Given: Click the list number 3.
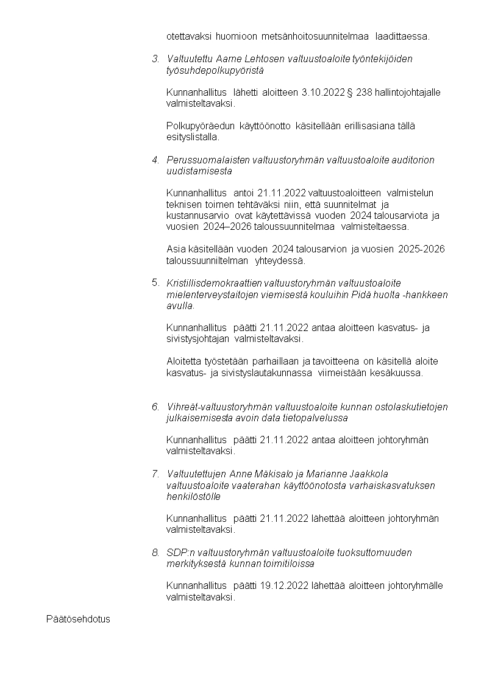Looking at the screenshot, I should tap(155, 59).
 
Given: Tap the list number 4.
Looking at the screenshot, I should tap(155, 160).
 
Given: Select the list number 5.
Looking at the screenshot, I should tap(155, 283).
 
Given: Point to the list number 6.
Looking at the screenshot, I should tap(155, 407).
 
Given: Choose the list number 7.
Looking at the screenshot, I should tap(155, 474).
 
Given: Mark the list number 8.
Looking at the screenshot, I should tap(155, 552).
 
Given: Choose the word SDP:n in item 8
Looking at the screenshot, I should tap(179, 552).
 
